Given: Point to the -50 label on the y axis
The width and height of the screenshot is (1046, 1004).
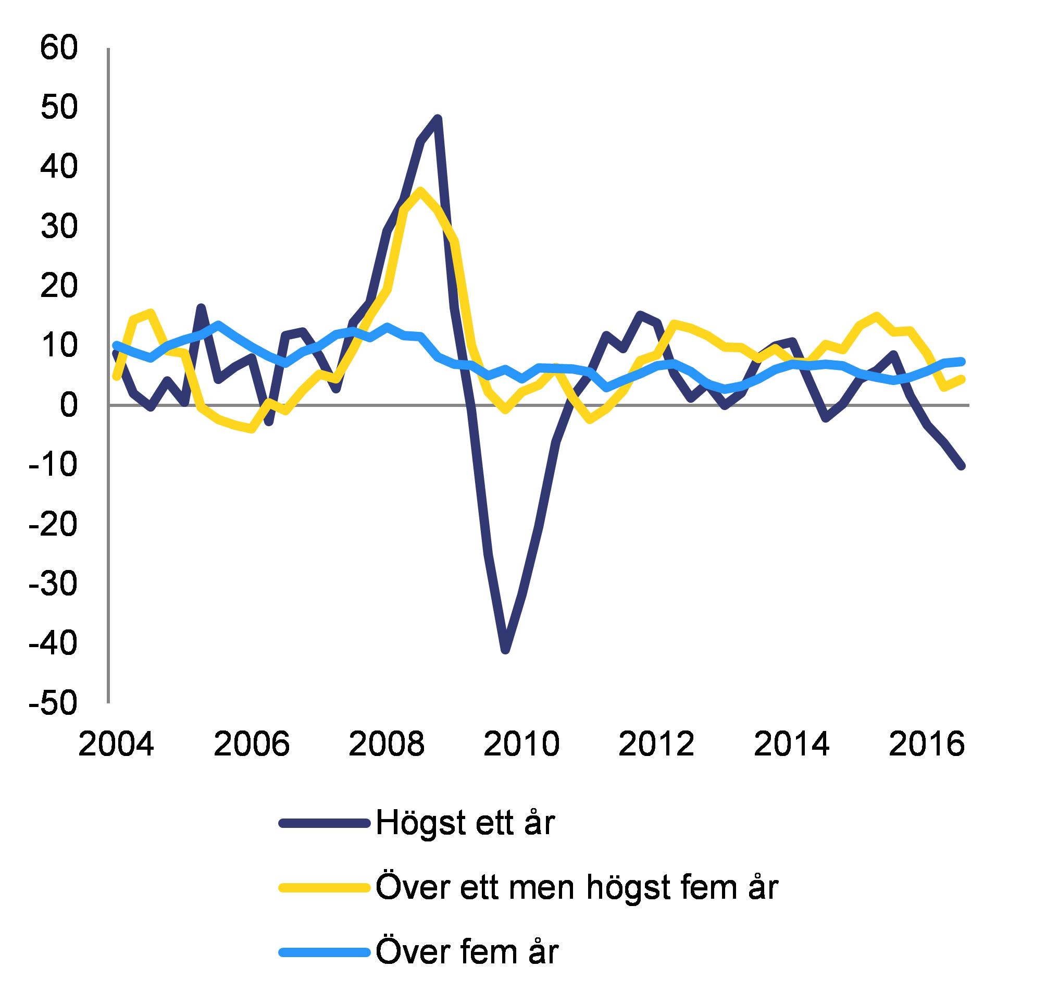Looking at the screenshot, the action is pyautogui.click(x=53, y=703).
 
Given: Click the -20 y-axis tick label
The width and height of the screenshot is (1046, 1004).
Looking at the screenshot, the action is pyautogui.click(x=53, y=524).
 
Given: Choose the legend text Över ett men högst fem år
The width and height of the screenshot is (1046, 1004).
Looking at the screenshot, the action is pyautogui.click(x=577, y=887).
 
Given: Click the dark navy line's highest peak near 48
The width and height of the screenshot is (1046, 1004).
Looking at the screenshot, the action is pyautogui.click(x=438, y=118).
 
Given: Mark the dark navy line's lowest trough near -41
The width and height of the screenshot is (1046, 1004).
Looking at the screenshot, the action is pyautogui.click(x=505, y=650).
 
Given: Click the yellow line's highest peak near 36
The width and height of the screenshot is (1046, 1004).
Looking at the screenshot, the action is pyautogui.click(x=420, y=191).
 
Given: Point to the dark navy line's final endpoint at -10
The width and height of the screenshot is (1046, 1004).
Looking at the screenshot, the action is pyautogui.click(x=961, y=465).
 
